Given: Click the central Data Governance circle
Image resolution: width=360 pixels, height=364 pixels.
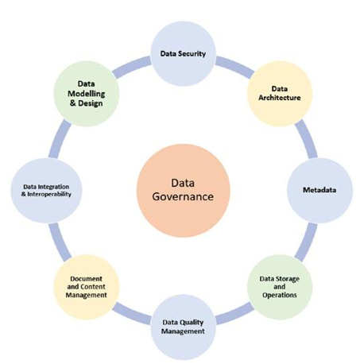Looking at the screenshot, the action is [x=183, y=190].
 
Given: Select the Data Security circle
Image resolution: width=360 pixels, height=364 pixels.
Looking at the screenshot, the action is [x=183, y=54].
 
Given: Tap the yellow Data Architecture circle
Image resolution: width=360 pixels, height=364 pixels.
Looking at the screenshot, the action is [x=280, y=94].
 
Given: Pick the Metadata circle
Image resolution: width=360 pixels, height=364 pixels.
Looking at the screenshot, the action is [x=319, y=190].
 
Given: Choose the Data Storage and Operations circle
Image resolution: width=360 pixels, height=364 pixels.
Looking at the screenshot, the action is [x=280, y=287].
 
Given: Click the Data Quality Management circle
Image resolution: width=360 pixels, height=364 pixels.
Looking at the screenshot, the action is [x=183, y=327].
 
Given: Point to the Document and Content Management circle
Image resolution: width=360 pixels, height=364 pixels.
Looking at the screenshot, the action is [x=87, y=287].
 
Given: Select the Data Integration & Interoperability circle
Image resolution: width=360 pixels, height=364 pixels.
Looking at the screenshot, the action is [x=46, y=190].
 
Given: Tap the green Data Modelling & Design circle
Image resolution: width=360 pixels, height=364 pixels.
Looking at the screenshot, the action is [x=87, y=94].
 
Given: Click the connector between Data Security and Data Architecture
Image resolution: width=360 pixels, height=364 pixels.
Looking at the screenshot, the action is [x=234, y=66].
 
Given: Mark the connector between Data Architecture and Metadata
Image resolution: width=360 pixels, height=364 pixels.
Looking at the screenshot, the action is [x=307, y=138].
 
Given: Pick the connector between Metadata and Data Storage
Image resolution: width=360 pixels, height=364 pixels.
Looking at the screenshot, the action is [x=307, y=242].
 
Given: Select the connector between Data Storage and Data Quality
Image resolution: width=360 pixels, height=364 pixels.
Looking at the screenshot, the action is [x=234, y=314].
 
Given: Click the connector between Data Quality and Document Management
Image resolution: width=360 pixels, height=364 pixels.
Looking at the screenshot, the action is [x=132, y=314].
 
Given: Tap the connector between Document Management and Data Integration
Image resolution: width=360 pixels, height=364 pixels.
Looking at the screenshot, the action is [x=60, y=242].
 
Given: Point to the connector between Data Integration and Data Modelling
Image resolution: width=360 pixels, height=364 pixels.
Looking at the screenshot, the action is [x=60, y=138].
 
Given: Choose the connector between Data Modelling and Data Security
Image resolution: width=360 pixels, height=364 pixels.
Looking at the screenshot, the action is [x=132, y=67].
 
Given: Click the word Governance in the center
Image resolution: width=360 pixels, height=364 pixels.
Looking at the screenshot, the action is [x=183, y=197].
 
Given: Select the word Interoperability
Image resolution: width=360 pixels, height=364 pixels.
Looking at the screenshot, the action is [x=49, y=194].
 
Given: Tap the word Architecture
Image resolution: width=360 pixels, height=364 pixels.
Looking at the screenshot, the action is [x=280, y=98].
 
